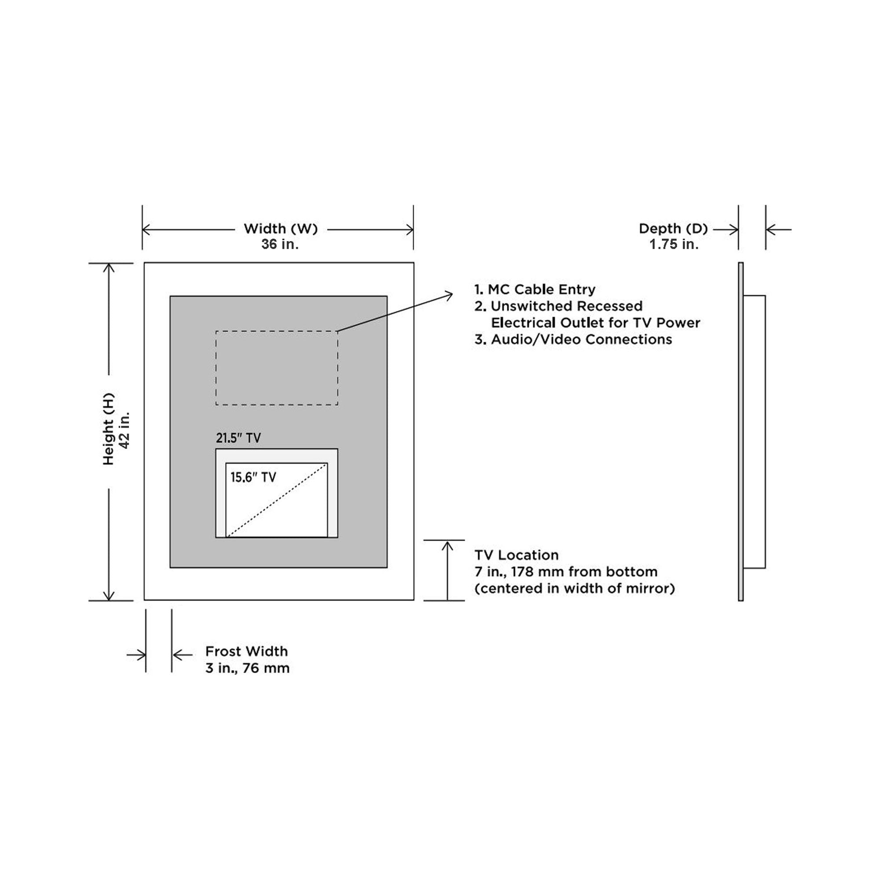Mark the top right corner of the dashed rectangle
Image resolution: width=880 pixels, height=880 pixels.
click(338, 331)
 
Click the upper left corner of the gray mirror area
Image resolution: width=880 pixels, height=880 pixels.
click(170, 296)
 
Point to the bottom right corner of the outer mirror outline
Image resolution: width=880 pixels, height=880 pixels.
click(414, 600)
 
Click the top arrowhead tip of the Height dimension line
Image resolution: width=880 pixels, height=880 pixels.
click(108, 264)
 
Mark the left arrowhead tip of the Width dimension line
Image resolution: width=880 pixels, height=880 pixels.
click(143, 230)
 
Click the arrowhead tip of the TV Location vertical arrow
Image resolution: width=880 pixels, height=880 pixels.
click(447, 541)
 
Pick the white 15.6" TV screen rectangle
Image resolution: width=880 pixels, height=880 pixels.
click(276, 500)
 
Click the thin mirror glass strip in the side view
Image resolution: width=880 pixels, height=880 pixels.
click(741, 431)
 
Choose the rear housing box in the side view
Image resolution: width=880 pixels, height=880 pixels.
click(754, 432)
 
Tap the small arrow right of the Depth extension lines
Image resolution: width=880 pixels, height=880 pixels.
click(778, 230)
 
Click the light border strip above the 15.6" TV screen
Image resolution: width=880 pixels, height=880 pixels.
click(276, 456)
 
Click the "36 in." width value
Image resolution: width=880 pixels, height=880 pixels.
click(280, 244)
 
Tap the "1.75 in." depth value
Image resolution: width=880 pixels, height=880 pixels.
click(674, 244)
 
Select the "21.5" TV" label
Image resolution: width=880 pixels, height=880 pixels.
click(238, 438)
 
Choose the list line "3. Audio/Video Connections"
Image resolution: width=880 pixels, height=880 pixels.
click(573, 339)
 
